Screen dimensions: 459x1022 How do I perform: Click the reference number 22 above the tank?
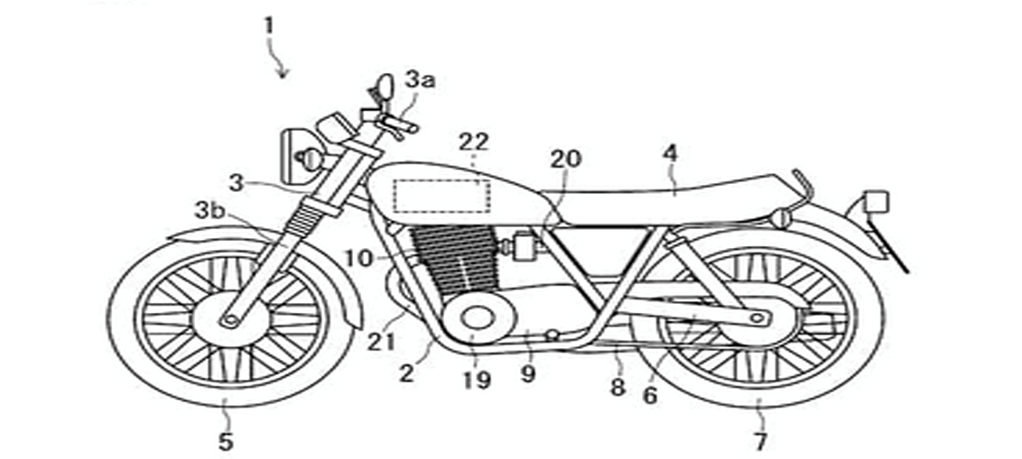point(473,142)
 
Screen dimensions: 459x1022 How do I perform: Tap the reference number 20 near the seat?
point(567,159)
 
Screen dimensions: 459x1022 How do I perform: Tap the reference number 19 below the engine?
point(476,380)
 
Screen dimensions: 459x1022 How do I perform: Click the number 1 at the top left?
point(268,24)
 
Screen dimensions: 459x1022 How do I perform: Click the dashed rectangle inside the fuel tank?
point(441,196)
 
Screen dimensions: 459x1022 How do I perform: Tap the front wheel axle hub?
point(231,318)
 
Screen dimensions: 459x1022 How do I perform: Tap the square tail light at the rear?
point(876,201)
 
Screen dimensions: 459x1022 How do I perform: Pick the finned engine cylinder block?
point(451,262)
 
